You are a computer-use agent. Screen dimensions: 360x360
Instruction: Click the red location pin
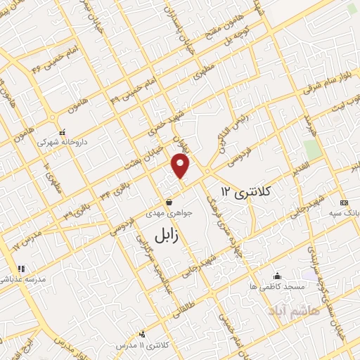[x=181, y=165]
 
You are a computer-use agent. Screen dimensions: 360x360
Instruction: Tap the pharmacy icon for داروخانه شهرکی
[x=63, y=131]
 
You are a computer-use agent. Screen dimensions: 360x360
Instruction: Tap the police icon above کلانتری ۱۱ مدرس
[x=143, y=335]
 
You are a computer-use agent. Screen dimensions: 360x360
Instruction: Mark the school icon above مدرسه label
[x=21, y=268]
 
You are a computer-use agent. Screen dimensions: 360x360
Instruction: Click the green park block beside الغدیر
[x=312, y=149]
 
